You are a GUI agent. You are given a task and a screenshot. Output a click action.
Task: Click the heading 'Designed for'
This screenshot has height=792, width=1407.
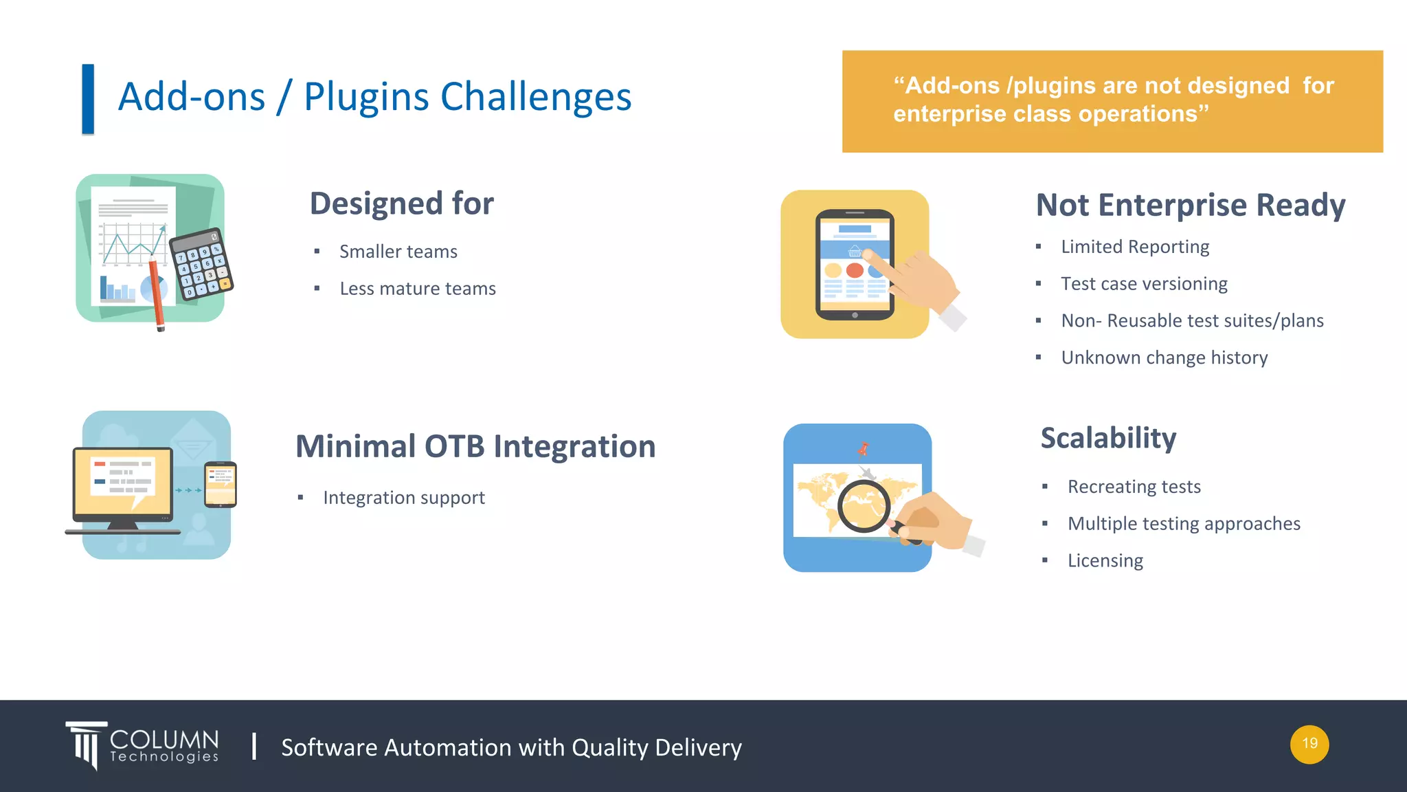(401, 203)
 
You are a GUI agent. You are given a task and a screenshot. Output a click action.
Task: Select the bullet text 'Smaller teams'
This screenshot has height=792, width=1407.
(398, 252)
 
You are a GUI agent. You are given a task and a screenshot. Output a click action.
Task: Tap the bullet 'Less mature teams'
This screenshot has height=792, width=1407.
(417, 289)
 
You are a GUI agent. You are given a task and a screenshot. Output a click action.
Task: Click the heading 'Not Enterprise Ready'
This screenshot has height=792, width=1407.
(1190, 205)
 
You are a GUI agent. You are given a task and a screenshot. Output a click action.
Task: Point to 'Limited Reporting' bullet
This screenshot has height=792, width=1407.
(1134, 247)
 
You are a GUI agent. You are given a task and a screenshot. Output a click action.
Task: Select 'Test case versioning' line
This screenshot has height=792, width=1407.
(1143, 284)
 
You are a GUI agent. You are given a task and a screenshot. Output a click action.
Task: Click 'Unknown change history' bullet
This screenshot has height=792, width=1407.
(1164, 357)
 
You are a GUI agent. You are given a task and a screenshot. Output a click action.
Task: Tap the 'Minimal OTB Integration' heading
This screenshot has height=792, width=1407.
(475, 446)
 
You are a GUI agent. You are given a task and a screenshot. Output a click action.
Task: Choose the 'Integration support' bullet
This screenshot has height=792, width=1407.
(403, 498)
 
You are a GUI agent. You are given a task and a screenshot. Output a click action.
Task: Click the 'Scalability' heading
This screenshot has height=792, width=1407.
(1108, 438)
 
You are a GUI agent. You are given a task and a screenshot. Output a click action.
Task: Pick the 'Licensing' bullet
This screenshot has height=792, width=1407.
(1105, 560)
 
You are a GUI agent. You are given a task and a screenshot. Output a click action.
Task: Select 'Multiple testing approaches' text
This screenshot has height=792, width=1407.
(1183, 524)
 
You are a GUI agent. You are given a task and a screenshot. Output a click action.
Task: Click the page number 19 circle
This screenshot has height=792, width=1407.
(1309, 744)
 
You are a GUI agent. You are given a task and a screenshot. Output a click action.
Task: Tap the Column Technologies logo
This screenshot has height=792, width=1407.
(143, 745)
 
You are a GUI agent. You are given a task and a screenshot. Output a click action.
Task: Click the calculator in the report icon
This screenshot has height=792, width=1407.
(201, 265)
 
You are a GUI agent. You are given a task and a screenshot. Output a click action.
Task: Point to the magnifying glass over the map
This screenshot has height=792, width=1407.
(863, 506)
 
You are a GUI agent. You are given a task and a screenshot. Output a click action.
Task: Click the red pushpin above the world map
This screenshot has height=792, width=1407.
(863, 449)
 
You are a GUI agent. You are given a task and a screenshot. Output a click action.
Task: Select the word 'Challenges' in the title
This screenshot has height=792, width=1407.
(536, 96)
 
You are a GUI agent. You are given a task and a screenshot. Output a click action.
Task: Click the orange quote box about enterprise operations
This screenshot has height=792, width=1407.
(1112, 101)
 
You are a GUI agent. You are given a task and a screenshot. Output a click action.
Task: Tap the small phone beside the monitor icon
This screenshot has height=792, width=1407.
(221, 484)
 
